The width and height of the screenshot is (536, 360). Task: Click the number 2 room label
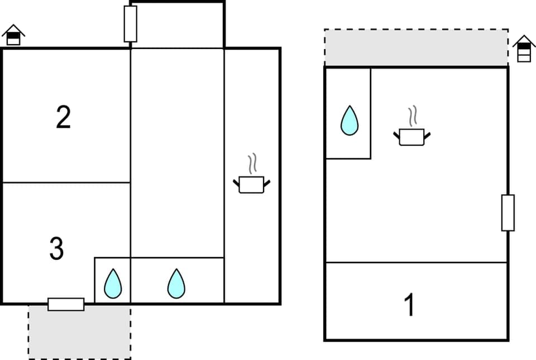(x=63, y=117)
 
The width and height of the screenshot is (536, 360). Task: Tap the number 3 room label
(x=56, y=249)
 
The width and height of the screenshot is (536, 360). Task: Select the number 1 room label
(x=409, y=305)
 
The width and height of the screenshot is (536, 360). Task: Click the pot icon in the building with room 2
(x=251, y=184)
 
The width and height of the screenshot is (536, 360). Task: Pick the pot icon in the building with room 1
(x=412, y=136)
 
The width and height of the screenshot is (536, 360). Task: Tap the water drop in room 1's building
(x=350, y=120)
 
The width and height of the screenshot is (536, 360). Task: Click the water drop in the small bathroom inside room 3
(x=113, y=284)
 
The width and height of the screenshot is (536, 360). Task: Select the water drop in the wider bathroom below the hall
(x=176, y=284)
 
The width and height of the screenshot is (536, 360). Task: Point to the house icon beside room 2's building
(x=13, y=35)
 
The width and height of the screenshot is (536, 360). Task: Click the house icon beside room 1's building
(x=524, y=49)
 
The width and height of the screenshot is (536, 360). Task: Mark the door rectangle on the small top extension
(x=130, y=24)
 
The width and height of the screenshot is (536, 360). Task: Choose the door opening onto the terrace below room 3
(x=66, y=304)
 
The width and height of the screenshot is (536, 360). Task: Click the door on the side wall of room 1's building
(x=508, y=213)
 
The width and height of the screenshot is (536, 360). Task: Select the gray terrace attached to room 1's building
(x=416, y=47)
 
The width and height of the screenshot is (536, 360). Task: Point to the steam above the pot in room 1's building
(x=413, y=117)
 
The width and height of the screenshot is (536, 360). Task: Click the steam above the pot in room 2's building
(x=252, y=164)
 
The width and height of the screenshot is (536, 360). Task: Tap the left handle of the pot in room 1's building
(x=396, y=135)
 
